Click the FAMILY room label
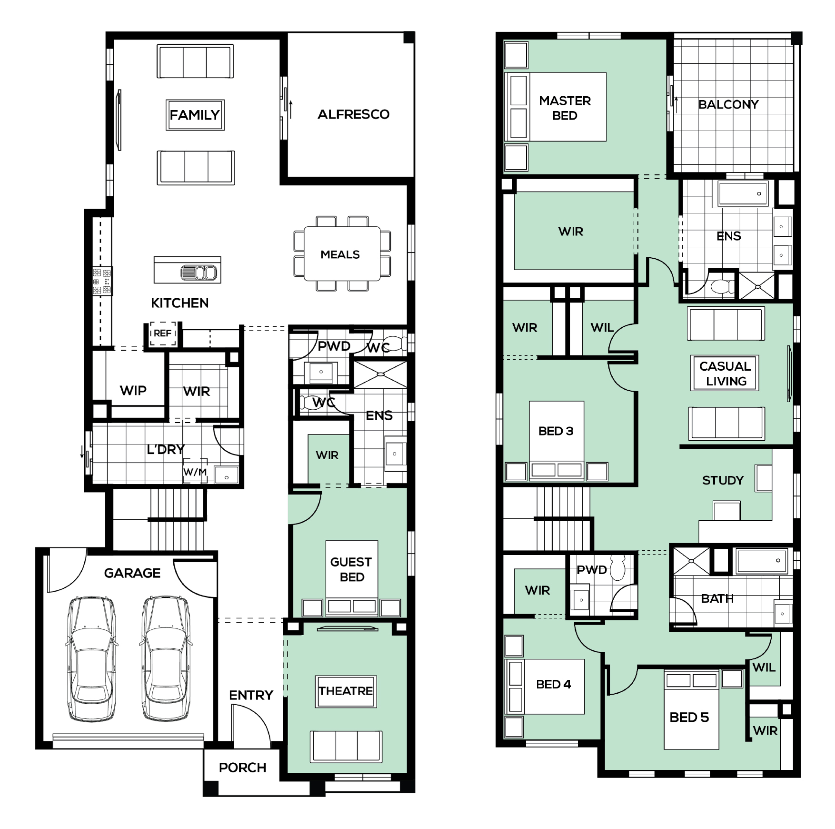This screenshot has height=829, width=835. pos(195,115)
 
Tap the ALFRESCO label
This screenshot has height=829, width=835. pos(353,114)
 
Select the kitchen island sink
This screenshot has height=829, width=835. pos(199,273)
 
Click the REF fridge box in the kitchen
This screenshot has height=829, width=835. pos(163,334)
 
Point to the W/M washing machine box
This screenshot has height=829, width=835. pos(195,472)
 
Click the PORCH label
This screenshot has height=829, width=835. pos(242,768)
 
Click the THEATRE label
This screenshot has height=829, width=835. pos(346,691)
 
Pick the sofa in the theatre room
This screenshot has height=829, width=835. pos(346,746)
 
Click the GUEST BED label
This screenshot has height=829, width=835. pos(351,569)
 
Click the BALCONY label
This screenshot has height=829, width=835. pos(728,104)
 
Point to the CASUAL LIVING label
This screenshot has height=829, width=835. pos(725,373)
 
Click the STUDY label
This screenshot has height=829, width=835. pos(723,480)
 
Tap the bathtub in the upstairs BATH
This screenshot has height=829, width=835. pos(761,561)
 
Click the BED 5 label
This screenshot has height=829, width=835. pos(689,718)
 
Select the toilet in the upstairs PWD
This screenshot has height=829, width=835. pos(617,568)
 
